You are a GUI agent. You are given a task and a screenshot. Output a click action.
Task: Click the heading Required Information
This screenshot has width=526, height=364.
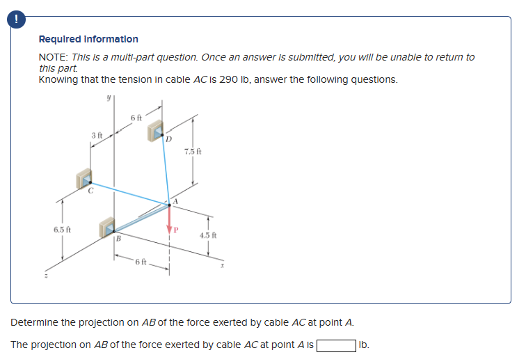pos(88,39)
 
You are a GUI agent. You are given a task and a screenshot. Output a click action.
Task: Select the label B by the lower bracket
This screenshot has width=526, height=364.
pos(118,239)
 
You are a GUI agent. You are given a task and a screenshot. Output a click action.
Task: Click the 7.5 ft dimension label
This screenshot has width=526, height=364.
pos(193,151)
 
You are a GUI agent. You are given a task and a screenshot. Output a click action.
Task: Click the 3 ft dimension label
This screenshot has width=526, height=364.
pos(97,134)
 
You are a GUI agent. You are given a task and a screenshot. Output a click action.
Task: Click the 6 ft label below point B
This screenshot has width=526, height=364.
pos(141,262)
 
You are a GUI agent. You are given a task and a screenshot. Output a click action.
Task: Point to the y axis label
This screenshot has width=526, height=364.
pos(109,100)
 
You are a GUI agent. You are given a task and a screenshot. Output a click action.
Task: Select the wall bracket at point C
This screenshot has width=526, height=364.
pos(83,178)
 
